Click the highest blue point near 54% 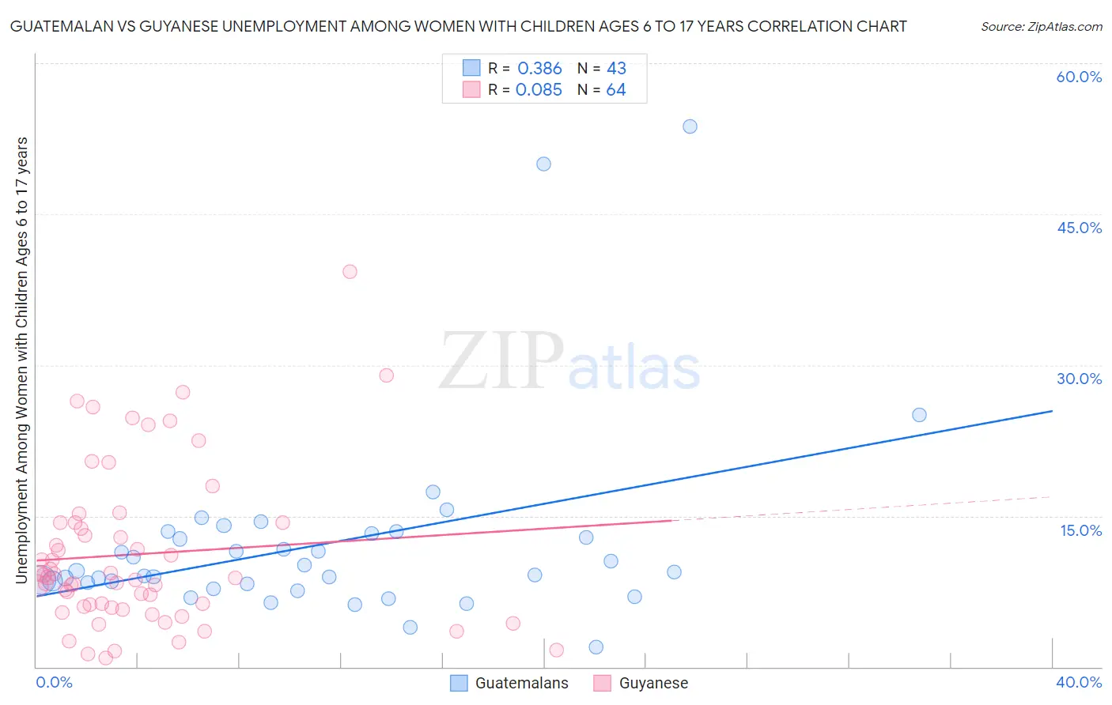[x=690, y=126]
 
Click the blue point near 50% [x=543, y=164]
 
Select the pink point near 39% [x=350, y=272]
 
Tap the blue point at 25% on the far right [x=919, y=415]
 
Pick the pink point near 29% [x=386, y=375]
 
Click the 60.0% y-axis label [x=1079, y=77]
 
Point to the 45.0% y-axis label [x=1079, y=228]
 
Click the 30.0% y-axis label [x=1079, y=379]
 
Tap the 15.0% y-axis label [x=1080, y=530]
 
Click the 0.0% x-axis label [x=54, y=682]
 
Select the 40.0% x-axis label [x=1079, y=682]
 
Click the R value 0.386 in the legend [x=539, y=69]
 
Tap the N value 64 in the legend [x=616, y=90]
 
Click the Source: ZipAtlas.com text [x=1041, y=27]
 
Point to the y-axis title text [x=21, y=360]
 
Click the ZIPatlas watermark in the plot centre [x=569, y=361]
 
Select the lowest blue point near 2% [x=596, y=647]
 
